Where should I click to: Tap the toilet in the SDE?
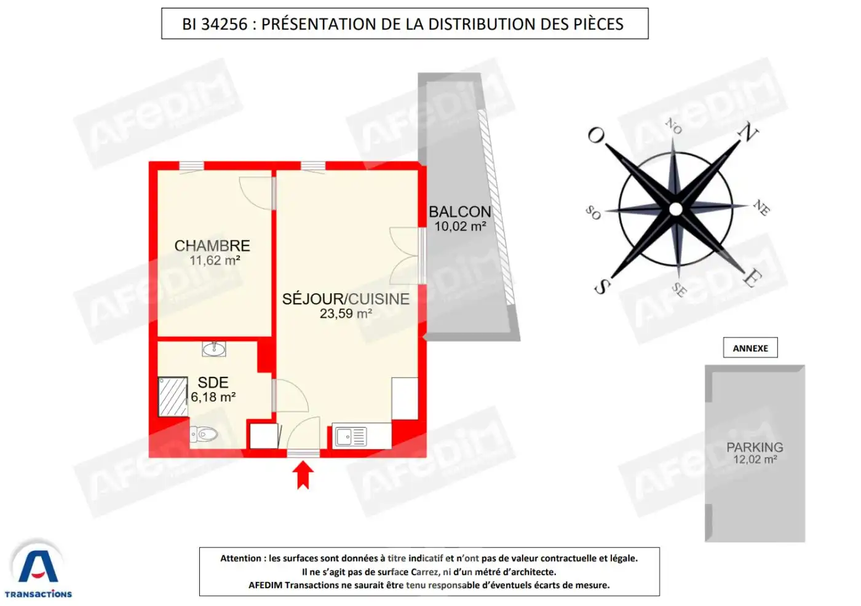(x=204, y=435)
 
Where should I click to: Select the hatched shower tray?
(x=173, y=396)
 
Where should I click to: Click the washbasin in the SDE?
(x=214, y=349)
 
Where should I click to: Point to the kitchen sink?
(x=351, y=436)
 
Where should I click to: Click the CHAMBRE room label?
(x=212, y=246)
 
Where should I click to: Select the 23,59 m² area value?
(x=346, y=313)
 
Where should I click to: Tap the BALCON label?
(x=460, y=212)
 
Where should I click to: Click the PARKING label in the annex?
(x=755, y=447)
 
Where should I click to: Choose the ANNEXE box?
(x=750, y=348)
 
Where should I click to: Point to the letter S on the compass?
(x=602, y=286)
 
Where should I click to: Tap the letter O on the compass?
(x=596, y=136)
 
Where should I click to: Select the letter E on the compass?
(x=752, y=278)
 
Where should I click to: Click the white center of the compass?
(x=675, y=210)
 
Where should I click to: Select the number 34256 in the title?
(x=224, y=24)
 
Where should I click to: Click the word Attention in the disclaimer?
(x=240, y=559)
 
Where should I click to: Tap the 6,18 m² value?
(x=213, y=397)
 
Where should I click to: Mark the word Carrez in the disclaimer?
(x=425, y=572)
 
